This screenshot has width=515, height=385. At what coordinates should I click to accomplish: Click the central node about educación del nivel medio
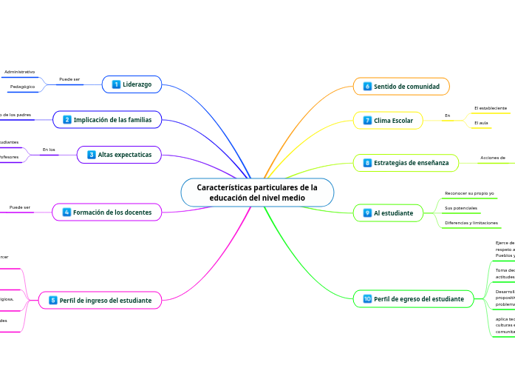pyautogui.click(x=257, y=192)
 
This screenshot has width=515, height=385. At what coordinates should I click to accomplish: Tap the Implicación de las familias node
pyautogui.click(x=107, y=119)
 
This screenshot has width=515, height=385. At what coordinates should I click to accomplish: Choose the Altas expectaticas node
pyautogui.click(x=119, y=154)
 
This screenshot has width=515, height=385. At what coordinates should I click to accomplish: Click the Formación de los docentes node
pyautogui.click(x=107, y=212)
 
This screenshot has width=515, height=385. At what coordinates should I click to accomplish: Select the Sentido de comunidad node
pyautogui.click(x=401, y=87)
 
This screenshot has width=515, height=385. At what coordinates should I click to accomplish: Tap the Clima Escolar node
pyautogui.click(x=388, y=120)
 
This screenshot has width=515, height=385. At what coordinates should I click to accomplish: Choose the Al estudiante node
pyautogui.click(x=388, y=213)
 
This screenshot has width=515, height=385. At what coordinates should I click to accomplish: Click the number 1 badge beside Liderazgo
pyautogui.click(x=116, y=84)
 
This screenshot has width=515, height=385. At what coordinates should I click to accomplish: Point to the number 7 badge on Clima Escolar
pyautogui.click(x=367, y=120)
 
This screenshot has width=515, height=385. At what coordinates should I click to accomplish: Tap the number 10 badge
pyautogui.click(x=367, y=299)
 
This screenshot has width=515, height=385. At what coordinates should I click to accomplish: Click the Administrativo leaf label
pyautogui.click(x=19, y=72)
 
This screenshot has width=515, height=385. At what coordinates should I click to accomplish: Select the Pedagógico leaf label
pyautogui.click(x=22, y=87)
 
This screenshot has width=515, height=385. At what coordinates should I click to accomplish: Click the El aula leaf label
pyautogui.click(x=481, y=122)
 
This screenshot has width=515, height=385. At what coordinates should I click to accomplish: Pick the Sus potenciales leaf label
pyautogui.click(x=460, y=208)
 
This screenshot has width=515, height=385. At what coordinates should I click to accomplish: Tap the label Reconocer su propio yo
pyautogui.click(x=469, y=193)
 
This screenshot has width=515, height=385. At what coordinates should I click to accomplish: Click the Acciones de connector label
pyautogui.click(x=493, y=158)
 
